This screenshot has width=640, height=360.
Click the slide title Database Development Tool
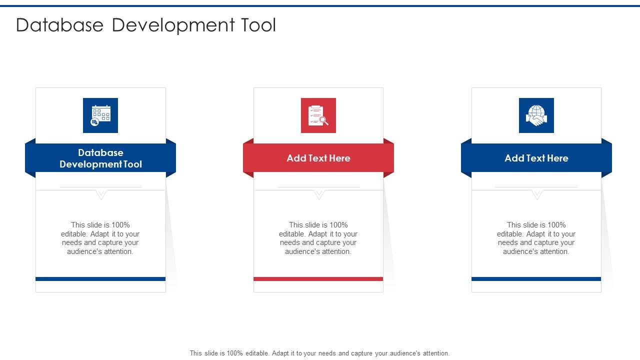click(146, 25)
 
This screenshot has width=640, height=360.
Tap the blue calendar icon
click(100, 115)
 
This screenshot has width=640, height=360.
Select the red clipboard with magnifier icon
click(318, 115)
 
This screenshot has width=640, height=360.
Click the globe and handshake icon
click(536, 115)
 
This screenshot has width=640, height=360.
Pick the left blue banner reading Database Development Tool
click(100, 158)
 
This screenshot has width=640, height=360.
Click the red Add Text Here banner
click(318, 158)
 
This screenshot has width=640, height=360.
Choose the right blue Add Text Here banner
click(536, 158)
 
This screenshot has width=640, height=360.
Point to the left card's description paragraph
click(100, 238)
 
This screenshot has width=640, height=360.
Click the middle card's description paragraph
click(318, 238)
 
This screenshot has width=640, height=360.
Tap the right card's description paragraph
click(536, 238)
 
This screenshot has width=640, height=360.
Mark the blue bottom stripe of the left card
click(100, 279)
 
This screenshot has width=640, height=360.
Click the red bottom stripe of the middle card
click(318, 279)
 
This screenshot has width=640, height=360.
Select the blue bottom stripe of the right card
click(536, 279)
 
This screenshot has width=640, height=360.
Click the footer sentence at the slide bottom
click(319, 353)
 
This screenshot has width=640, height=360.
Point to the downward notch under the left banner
click(101, 194)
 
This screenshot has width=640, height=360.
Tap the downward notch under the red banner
click(318, 194)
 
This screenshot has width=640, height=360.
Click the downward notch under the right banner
click(536, 194)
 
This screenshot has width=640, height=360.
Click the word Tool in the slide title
click(257, 25)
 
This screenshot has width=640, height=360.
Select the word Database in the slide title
click(59, 25)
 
